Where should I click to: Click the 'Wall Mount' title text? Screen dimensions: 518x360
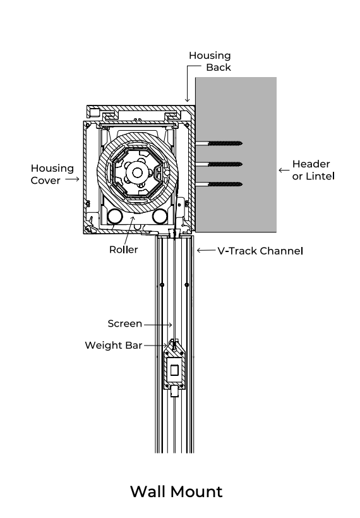pos(176,491)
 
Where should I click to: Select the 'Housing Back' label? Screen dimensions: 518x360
pos(210,61)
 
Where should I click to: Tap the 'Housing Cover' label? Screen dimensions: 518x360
pos(52,174)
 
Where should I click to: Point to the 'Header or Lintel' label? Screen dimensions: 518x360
pos(313,170)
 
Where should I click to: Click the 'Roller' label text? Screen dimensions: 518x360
pos(123,250)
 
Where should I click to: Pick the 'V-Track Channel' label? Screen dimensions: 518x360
pos(260,251)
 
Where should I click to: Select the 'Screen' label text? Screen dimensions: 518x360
pos(124,323)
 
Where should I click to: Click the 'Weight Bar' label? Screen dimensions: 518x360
pos(113,345)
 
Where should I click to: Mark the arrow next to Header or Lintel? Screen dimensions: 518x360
pos(283,170)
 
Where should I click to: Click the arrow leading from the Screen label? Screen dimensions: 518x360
pos(159,324)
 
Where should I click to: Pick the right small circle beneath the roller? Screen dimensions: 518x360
pos(159,217)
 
